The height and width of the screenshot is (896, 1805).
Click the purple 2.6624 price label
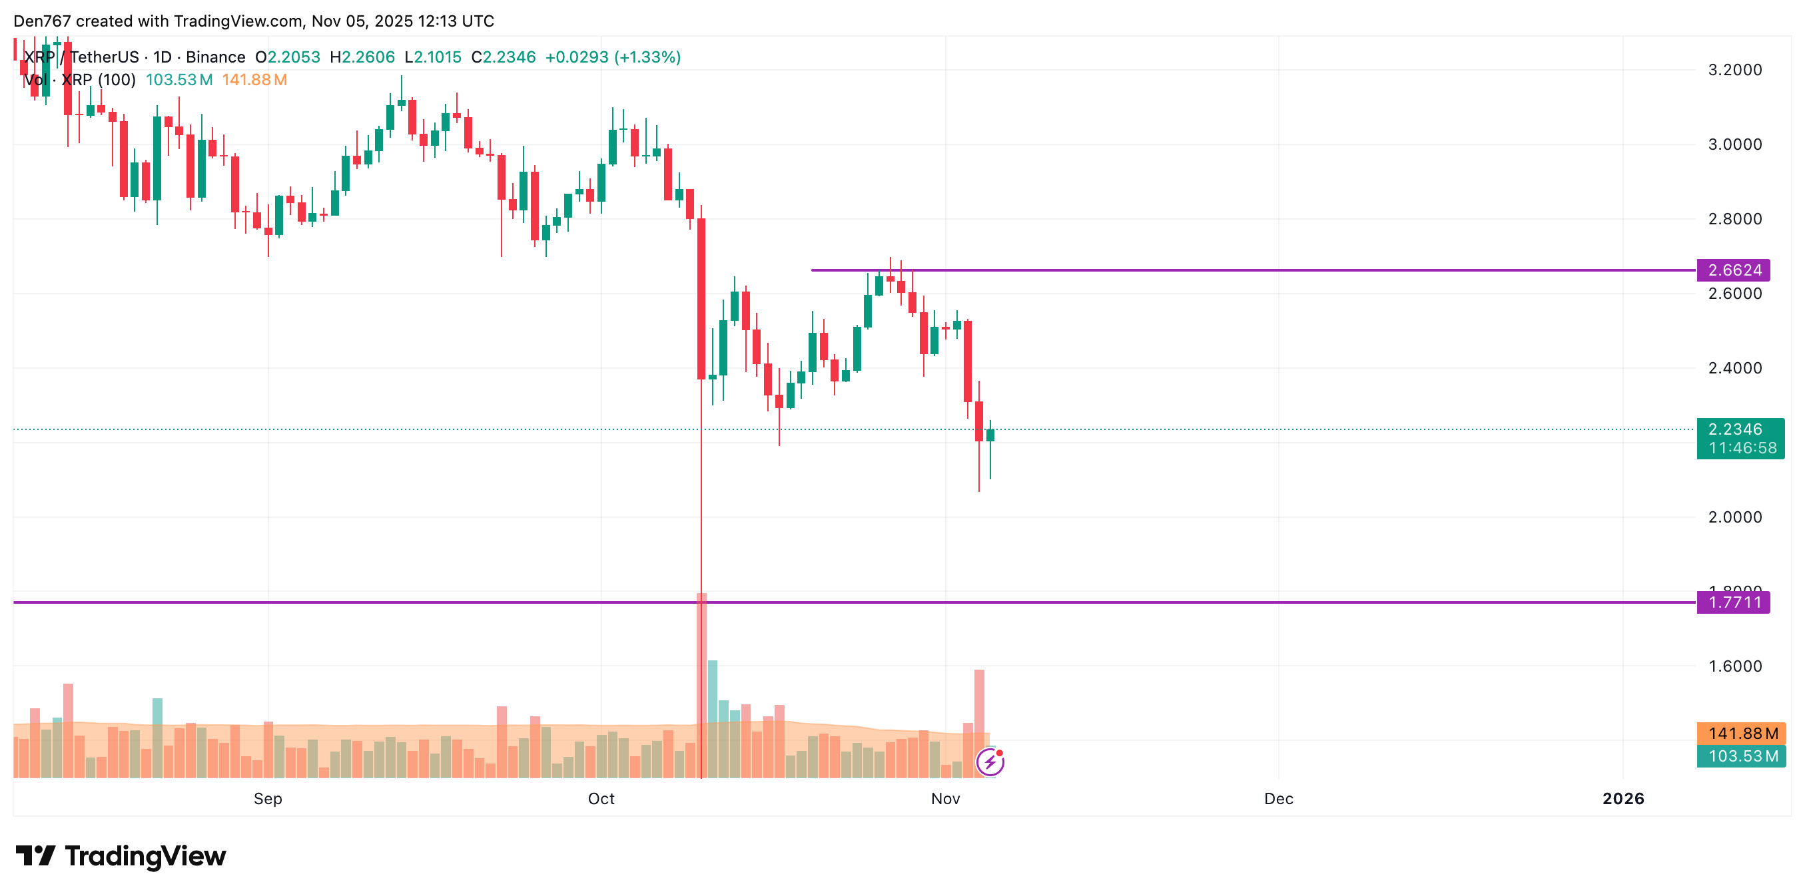(1733, 270)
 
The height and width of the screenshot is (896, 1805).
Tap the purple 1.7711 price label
(1733, 602)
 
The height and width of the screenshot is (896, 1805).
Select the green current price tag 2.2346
(1735, 429)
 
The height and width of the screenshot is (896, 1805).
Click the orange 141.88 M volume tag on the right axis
(1740, 734)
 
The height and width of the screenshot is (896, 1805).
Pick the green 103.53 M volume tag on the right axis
(1740, 756)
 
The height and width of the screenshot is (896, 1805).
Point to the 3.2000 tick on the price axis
(1734, 70)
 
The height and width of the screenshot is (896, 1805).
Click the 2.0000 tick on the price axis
(1734, 517)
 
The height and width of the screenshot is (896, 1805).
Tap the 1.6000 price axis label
(1734, 666)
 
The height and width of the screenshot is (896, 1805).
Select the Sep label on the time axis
(268, 799)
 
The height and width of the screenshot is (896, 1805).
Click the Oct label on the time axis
(601, 799)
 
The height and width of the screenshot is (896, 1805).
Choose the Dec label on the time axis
(1278, 799)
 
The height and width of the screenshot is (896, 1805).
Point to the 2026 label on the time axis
(1623, 799)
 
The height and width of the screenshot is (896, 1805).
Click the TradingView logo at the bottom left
(121, 856)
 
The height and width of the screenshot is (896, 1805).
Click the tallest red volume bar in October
(701, 686)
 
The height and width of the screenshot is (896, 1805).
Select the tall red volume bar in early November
(979, 722)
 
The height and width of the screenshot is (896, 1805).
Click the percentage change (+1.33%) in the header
(647, 57)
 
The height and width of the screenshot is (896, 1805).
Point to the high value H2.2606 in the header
(362, 57)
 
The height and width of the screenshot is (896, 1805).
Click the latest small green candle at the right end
(990, 435)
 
